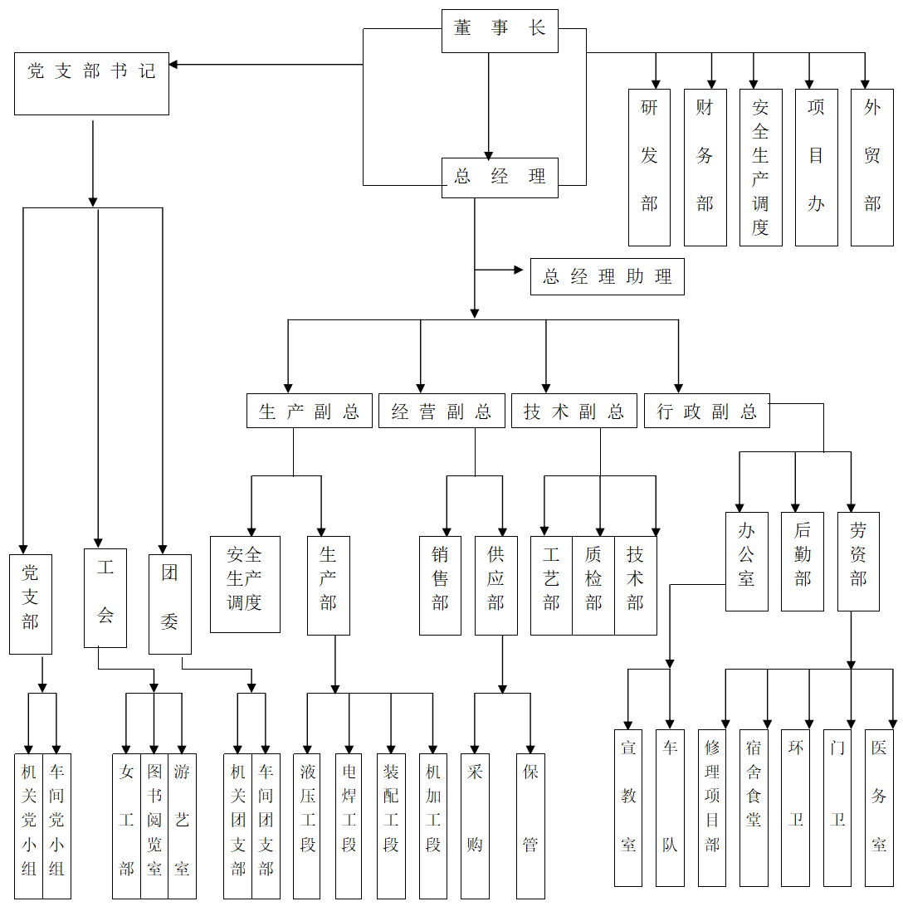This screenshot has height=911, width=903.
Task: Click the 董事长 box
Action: click(x=500, y=30)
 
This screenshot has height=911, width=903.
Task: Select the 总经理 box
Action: click(x=500, y=178)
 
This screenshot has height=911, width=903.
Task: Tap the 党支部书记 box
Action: click(x=91, y=84)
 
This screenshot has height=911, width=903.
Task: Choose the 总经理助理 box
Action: click(x=607, y=277)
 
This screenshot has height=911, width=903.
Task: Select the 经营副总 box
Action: click(x=442, y=411)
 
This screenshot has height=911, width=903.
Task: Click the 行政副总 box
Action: click(x=706, y=411)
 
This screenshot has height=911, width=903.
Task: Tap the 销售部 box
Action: click(x=440, y=586)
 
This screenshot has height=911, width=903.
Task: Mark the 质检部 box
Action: click(x=593, y=586)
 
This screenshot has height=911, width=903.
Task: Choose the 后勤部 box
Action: click(x=802, y=562)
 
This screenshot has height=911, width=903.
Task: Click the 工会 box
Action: click(x=105, y=598)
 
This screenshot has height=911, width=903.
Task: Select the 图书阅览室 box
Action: click(x=154, y=826)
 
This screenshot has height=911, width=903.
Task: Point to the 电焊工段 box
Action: click(x=349, y=826)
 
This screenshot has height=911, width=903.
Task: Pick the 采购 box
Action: click(x=475, y=826)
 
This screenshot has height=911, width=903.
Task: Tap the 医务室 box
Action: click(x=879, y=808)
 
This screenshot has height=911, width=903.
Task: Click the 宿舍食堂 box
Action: click(x=754, y=808)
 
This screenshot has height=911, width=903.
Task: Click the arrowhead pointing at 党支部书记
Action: click(x=174, y=64)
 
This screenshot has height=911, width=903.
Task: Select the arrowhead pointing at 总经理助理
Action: click(x=525, y=270)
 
